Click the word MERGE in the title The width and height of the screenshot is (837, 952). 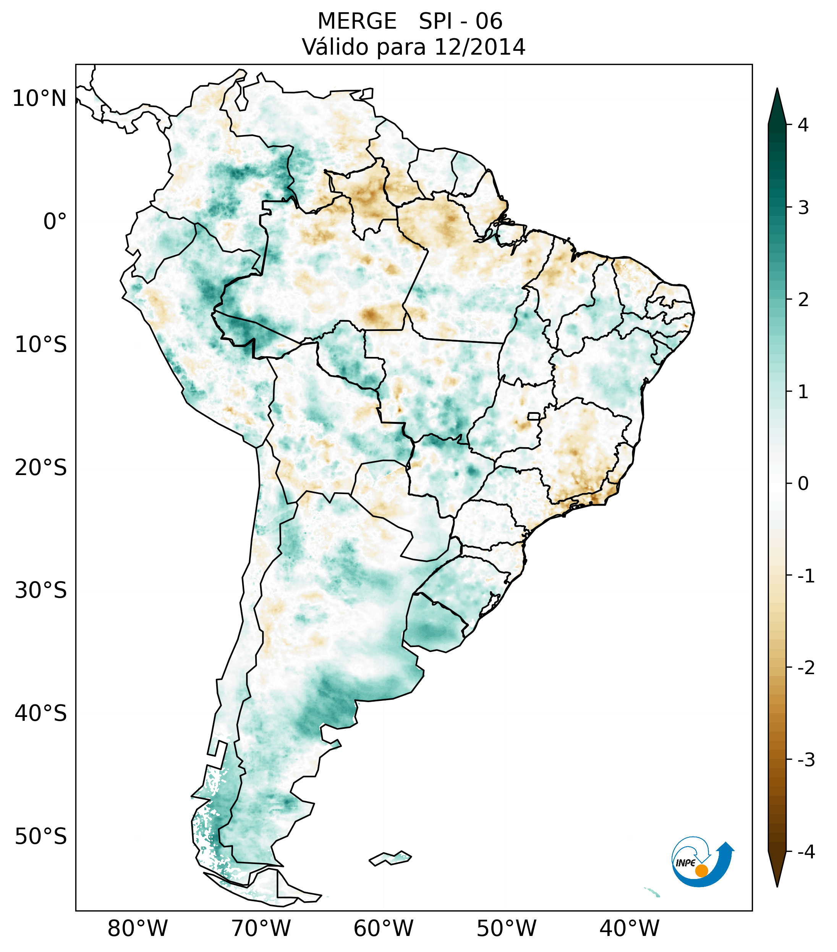click(x=356, y=21)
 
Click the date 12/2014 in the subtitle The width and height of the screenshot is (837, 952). click(x=479, y=47)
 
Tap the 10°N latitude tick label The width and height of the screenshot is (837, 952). click(x=39, y=99)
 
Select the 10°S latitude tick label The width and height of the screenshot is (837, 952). click(x=41, y=345)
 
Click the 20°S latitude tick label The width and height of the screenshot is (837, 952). click(x=41, y=468)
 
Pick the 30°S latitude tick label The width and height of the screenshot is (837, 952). click(x=41, y=590)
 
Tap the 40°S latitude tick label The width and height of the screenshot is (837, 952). click(x=41, y=714)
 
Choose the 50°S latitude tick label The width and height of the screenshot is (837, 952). click(x=41, y=837)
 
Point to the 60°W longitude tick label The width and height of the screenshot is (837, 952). click(x=384, y=929)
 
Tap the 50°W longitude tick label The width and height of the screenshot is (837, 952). click(x=507, y=929)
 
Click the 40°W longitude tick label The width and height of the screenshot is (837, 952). click(x=630, y=929)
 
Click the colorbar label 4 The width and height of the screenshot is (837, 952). click(x=803, y=125)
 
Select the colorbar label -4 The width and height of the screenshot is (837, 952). click(x=806, y=852)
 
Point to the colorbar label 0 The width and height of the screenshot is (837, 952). click(x=803, y=484)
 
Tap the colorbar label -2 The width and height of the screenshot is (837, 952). click(x=806, y=668)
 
